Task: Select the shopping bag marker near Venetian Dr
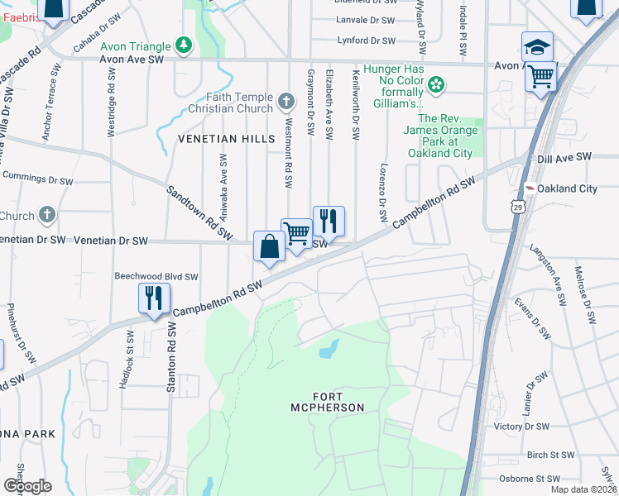[x=270, y=246]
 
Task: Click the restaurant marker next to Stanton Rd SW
[x=154, y=298]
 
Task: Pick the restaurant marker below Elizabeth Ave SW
[x=329, y=221]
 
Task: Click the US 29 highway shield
[x=517, y=204]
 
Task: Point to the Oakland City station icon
[x=529, y=188]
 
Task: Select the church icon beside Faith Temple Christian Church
[x=286, y=102]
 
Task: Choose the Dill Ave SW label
[x=564, y=156]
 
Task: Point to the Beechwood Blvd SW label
[x=156, y=277]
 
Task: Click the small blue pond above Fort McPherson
[x=329, y=349]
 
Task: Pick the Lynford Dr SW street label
[x=366, y=40]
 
